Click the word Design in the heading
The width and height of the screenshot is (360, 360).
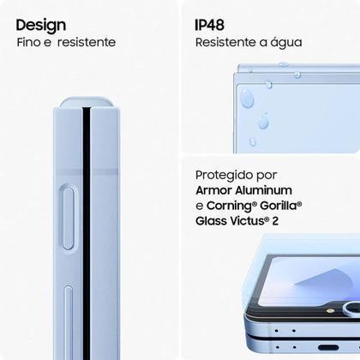click(x=40, y=23)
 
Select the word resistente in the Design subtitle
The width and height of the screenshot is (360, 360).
click(x=85, y=42)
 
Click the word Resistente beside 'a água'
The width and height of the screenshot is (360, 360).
click(x=227, y=42)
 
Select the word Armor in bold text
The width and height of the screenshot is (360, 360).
click(x=216, y=189)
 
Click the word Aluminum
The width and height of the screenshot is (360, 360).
click(x=266, y=189)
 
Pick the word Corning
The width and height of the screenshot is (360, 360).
click(x=236, y=207)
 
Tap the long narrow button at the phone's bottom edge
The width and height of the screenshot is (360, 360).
click(x=68, y=321)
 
